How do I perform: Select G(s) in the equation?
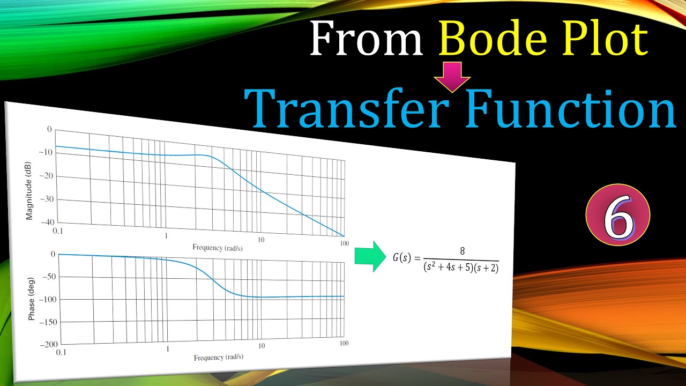[x=401, y=257]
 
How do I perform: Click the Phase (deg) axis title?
[x=31, y=300]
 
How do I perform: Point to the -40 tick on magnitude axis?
[x=47, y=222]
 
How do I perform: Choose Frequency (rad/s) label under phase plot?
[x=218, y=358]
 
